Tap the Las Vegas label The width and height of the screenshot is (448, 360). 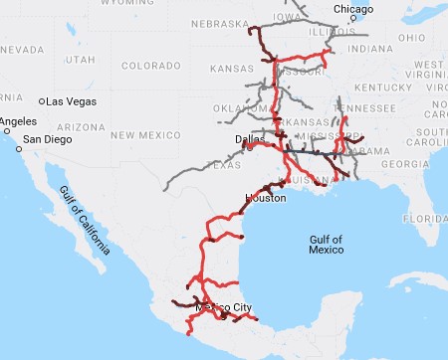click(x=71, y=101)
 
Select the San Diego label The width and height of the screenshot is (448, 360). click(x=47, y=139)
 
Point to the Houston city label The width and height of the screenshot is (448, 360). click(x=265, y=199)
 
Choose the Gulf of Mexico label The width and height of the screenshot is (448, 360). click(x=326, y=245)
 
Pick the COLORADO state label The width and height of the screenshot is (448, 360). click(x=149, y=66)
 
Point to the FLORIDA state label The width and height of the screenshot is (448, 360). click(x=429, y=217)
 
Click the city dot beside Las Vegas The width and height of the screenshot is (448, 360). click(x=42, y=101)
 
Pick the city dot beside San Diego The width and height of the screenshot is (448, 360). click(x=19, y=139)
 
